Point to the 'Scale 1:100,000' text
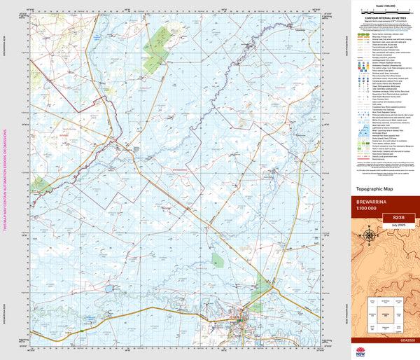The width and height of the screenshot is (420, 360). pos(384,6)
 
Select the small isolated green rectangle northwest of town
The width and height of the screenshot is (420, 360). pos(218,261)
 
